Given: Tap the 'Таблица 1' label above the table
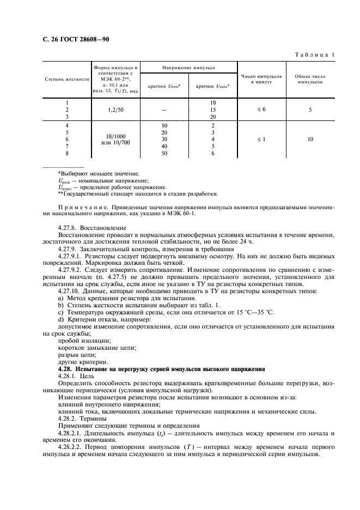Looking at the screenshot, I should point(314,54).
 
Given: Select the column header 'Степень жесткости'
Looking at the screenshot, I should point(67,78).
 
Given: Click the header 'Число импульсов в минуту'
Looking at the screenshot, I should point(261,78).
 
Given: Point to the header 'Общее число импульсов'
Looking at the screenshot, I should point(310,78).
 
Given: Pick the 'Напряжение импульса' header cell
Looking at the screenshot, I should point(188,68).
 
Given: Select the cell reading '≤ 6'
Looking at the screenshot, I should point(261,110).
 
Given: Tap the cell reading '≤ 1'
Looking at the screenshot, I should point(261,139).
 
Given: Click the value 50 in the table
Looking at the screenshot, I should point(164,154).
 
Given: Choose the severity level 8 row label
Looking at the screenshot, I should point(67,154).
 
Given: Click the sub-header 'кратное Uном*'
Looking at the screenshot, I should point(164,86).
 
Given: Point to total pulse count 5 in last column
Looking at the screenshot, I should point(310,110).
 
